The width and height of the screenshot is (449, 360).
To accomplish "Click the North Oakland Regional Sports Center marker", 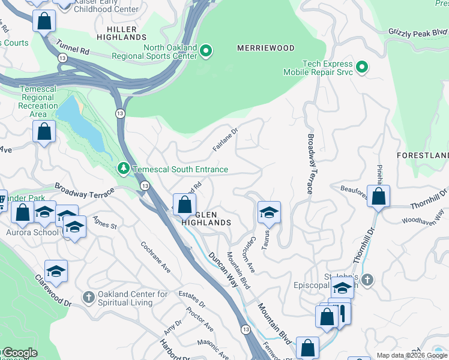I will click(206, 50).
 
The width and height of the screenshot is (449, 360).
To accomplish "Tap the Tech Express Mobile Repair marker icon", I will click(362, 67).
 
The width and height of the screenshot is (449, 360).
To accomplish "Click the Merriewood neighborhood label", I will click(266, 47).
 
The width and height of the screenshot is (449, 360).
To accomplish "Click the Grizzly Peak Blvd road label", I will click(418, 32).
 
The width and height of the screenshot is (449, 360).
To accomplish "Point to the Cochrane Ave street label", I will click(155, 257).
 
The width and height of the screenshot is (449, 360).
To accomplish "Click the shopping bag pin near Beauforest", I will click(379, 196).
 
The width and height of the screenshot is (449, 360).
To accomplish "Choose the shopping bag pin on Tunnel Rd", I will click(44, 22).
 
